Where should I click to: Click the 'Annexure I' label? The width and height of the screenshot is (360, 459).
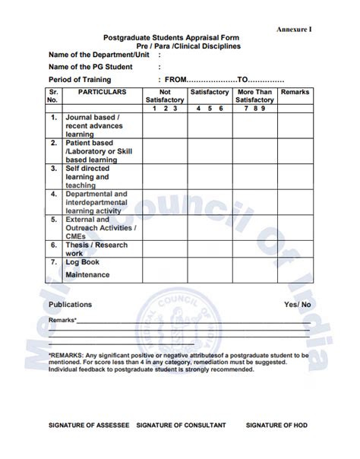point(295,28)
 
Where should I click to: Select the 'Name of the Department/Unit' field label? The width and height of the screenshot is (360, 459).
point(99,55)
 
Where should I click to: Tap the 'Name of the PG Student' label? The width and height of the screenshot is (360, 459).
point(90,67)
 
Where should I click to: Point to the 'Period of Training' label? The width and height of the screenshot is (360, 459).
point(81,79)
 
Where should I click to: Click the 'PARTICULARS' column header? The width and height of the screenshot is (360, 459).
point(102,92)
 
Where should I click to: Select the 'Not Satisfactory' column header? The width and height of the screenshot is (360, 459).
point(165,96)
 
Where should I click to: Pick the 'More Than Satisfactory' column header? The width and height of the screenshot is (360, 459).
point(254,96)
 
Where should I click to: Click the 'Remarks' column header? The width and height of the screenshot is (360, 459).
point(295,92)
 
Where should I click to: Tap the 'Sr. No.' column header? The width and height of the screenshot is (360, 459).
point(52,96)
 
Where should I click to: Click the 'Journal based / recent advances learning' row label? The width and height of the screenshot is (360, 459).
point(93,126)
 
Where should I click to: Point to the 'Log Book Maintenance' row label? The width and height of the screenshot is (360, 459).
point(87,268)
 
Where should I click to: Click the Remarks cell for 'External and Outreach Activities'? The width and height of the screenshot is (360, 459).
point(295,227)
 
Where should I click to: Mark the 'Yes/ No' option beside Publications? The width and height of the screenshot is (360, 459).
point(297,305)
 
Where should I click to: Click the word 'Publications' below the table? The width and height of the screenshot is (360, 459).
point(71,305)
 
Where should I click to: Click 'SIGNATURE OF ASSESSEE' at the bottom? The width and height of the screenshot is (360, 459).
point(89,425)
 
